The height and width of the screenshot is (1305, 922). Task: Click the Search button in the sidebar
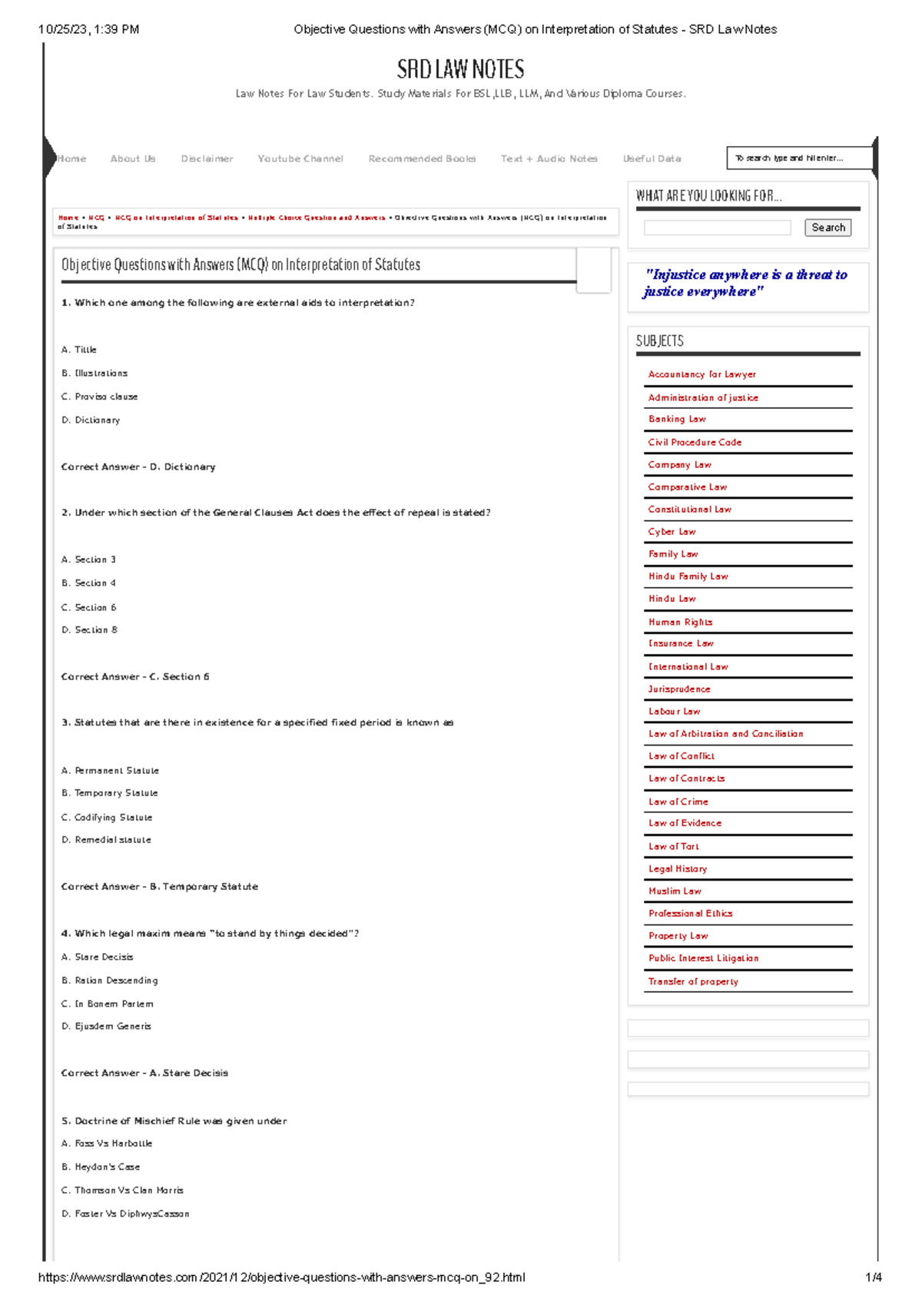click(x=827, y=227)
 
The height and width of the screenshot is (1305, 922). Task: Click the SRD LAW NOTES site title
click(x=460, y=70)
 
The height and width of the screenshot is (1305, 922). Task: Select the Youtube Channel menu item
click(x=300, y=159)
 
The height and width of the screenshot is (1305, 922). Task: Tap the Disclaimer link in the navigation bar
click(x=207, y=159)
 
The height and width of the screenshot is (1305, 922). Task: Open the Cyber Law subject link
click(x=672, y=532)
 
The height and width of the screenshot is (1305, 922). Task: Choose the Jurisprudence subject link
click(x=679, y=689)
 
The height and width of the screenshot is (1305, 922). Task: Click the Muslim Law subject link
click(x=675, y=892)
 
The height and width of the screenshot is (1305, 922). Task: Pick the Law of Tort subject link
click(x=674, y=847)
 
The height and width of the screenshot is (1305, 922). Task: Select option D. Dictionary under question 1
click(x=91, y=420)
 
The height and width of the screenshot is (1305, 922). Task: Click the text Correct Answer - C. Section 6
click(x=135, y=677)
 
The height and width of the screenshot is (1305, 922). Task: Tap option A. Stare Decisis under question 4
click(x=98, y=958)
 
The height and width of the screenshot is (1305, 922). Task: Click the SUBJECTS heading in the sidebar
click(x=659, y=341)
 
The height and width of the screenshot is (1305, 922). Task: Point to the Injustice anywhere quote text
click(x=745, y=283)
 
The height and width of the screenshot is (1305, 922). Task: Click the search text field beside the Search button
click(x=717, y=227)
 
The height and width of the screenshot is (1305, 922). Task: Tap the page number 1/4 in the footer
click(x=873, y=1278)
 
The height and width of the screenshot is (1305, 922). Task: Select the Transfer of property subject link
click(x=693, y=982)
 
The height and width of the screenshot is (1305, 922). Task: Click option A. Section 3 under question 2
click(x=88, y=560)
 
